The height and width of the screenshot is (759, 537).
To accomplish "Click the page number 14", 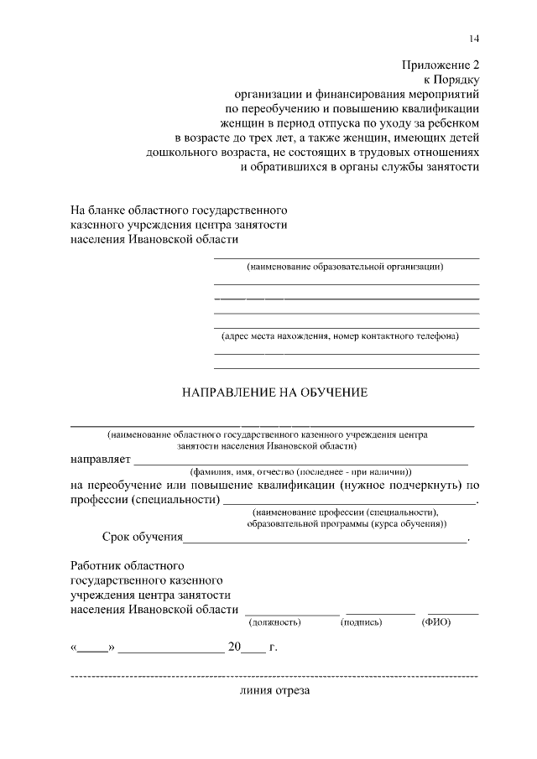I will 474,39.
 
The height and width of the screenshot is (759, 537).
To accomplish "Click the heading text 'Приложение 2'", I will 441,63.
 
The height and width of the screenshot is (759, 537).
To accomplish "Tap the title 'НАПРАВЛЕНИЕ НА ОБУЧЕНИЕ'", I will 276,392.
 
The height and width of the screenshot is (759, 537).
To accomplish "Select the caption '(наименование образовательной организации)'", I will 345,267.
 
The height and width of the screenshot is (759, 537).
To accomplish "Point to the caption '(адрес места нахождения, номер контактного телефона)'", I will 340,336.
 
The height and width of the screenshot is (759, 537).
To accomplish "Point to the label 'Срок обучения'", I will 143,537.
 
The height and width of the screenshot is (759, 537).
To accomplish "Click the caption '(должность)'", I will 275,622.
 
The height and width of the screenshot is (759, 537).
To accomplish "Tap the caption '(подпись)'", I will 361,622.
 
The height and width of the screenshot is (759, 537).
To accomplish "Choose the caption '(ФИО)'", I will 436,622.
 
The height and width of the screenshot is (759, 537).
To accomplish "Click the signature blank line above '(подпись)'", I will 382,614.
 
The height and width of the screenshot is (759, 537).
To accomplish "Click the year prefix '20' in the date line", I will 234,647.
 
